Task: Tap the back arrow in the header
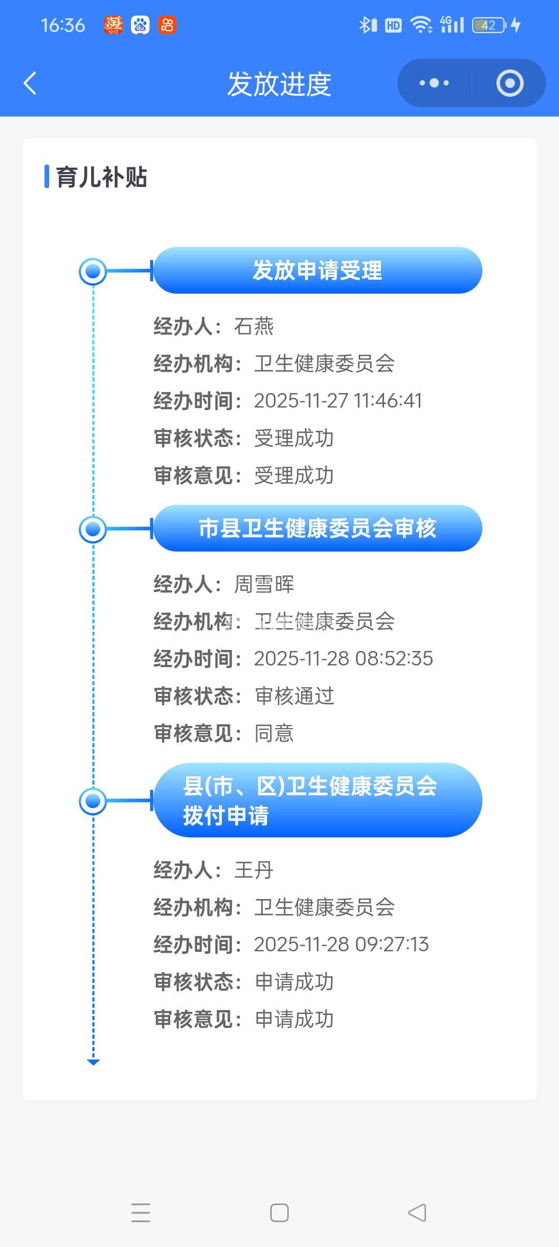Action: coord(30,83)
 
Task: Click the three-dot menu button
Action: coord(434,83)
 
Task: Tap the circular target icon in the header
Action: coord(510,83)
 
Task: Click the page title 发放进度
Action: coord(279,84)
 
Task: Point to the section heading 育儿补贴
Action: coord(101,177)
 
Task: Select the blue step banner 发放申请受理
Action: coord(317,270)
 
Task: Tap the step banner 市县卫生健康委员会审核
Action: coord(317,528)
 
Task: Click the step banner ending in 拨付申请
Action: coord(317,801)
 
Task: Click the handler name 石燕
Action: coord(254,326)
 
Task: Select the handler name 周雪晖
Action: coord(264,584)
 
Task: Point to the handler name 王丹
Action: coord(254,870)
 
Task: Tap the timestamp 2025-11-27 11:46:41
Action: coord(338,401)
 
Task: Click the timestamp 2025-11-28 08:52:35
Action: coord(343,659)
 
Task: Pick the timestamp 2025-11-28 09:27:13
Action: coord(341,945)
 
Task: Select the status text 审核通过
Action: coord(295,696)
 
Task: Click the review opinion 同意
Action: coord(274,733)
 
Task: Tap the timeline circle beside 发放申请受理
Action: coord(93,271)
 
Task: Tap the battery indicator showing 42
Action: coord(489,25)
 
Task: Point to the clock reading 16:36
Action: coord(63,25)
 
